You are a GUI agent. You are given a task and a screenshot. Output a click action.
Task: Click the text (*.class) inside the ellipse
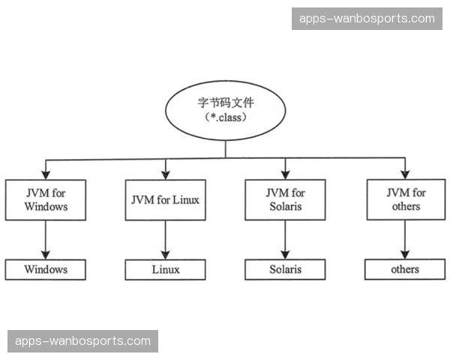[226, 118]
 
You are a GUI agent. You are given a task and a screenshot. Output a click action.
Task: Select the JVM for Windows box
[45, 199]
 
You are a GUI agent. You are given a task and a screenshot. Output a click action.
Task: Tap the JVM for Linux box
[165, 199]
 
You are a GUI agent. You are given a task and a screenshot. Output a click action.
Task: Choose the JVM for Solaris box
[286, 199]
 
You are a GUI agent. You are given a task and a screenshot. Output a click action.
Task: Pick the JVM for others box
[405, 199]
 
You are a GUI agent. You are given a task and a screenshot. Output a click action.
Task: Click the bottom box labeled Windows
[45, 269]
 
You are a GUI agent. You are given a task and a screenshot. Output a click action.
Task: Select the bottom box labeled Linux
[165, 269]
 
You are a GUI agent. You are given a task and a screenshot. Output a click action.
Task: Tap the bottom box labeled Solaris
[286, 269]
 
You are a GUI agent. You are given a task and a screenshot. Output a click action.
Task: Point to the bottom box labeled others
[405, 269]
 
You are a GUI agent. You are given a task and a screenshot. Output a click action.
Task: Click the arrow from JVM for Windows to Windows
[45, 238]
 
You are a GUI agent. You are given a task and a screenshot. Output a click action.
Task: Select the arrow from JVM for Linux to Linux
[165, 238]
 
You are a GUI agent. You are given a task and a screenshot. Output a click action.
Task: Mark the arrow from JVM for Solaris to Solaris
[286, 238]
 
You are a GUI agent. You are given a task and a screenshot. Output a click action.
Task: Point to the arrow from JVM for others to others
[405, 238]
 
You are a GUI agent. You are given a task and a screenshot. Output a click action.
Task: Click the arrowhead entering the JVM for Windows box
[45, 174]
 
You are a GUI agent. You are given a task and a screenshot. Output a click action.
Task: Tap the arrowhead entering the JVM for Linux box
[165, 174]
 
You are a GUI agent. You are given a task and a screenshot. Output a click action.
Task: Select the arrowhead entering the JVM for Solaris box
[286, 174]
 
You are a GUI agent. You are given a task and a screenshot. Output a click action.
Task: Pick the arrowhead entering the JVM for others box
[405, 174]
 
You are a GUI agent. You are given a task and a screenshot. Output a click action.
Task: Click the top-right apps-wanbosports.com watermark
[367, 18]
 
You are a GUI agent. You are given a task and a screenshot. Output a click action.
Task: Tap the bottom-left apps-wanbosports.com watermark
[83, 341]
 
